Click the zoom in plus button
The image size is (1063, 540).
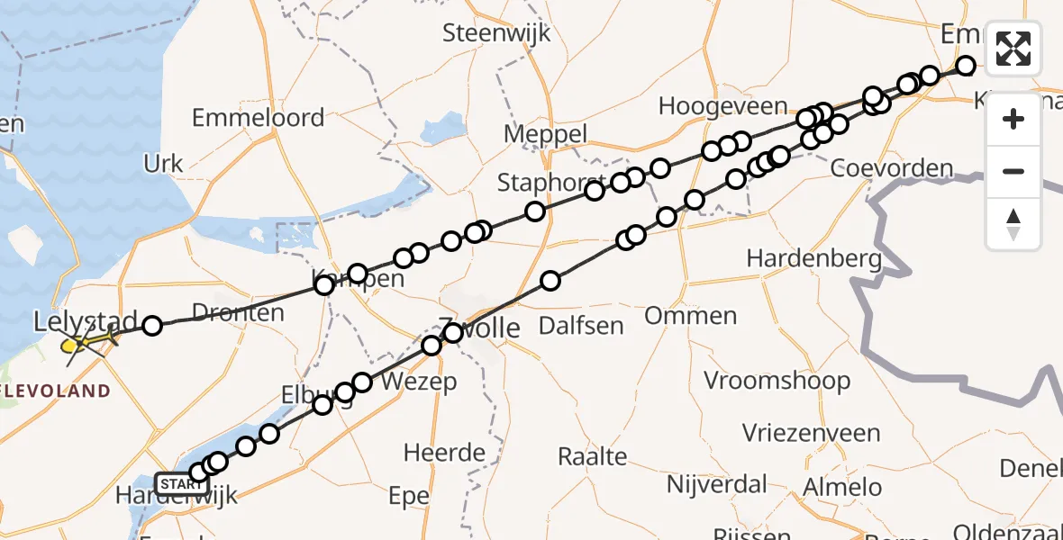pos(1013,120)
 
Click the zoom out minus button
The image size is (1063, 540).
pos(1013,171)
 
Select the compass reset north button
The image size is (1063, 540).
pos(1013,223)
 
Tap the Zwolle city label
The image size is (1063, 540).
pos(479,328)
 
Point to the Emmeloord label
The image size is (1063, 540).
pos(258,118)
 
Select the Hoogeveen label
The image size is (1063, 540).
pos(722,106)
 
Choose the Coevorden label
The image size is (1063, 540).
pos(892,168)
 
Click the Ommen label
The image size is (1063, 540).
pos(690,316)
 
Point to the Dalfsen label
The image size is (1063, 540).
pos(581,324)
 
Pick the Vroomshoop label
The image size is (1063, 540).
pos(777,380)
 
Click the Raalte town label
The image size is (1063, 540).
pos(592,456)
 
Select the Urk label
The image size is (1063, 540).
pos(163,164)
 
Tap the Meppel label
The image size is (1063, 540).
pos(546,134)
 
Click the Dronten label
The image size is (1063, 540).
pos(239,313)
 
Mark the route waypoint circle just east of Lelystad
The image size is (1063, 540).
pos(152,325)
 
